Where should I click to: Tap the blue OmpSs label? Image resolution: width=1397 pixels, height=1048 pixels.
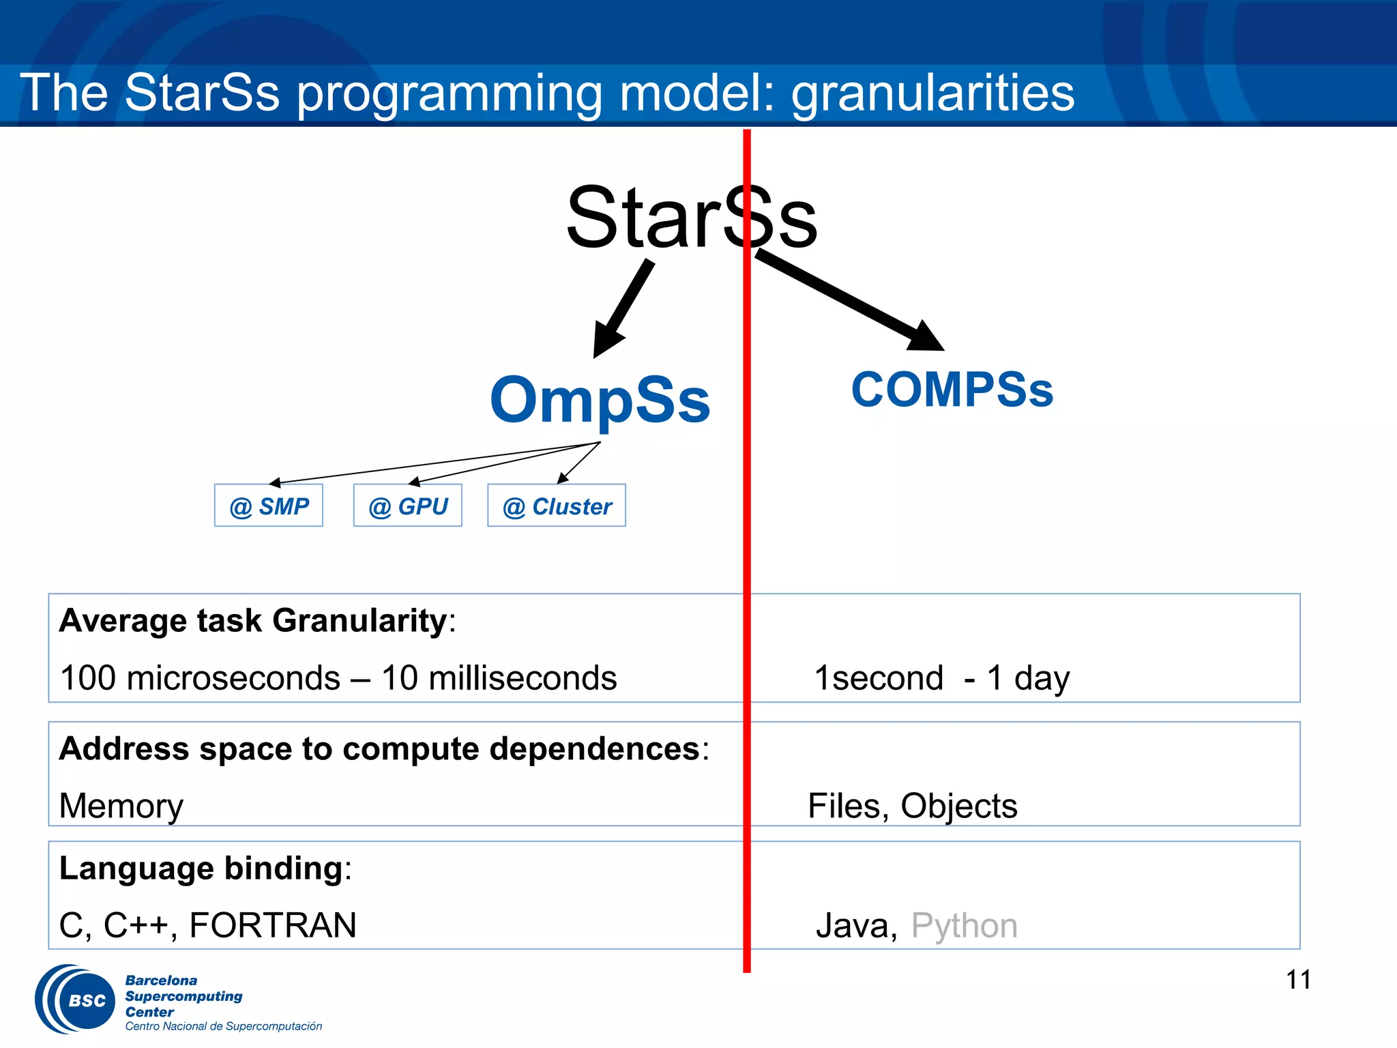point(600,400)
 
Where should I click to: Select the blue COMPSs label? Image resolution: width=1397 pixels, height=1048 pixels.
point(952,390)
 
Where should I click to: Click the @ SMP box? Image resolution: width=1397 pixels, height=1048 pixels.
point(269,506)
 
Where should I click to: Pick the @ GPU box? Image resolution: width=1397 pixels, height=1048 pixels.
point(408,506)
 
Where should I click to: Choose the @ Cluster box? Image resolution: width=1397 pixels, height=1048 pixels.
point(557,506)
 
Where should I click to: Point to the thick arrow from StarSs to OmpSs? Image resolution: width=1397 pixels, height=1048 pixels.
point(622,309)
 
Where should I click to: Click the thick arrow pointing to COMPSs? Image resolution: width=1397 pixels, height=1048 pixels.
point(849,300)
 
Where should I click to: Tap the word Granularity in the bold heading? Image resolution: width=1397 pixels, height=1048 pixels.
point(359,621)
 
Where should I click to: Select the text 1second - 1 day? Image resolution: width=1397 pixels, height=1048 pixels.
point(941,678)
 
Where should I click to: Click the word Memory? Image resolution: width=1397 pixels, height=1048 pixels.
point(121,806)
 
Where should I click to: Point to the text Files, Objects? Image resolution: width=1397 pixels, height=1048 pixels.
point(912,806)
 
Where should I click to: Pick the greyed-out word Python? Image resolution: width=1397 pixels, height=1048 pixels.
point(964,926)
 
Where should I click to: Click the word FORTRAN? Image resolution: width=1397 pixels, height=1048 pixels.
point(273,926)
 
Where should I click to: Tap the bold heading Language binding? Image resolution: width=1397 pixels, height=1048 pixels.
point(201,869)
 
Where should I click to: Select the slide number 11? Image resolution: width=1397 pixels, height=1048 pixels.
point(1297,980)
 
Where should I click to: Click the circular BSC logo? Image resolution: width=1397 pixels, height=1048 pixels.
point(76,1000)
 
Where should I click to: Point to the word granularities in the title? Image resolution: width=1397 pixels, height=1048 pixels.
point(932,93)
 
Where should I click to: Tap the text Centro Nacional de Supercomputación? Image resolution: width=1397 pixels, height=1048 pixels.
point(223,1026)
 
